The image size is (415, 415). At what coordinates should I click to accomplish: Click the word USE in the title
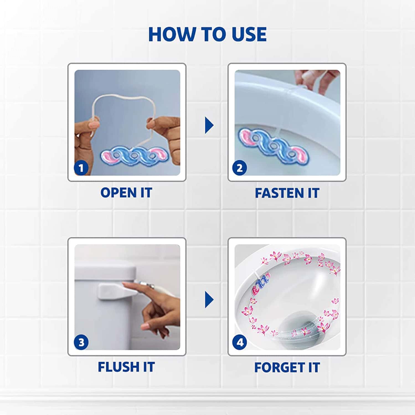tap(249, 34)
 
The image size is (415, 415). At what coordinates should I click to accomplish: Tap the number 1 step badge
tap(81, 168)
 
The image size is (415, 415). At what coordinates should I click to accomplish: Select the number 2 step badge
tap(239, 168)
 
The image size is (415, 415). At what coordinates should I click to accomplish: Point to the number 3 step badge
tap(81, 342)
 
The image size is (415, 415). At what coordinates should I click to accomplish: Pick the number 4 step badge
tap(239, 342)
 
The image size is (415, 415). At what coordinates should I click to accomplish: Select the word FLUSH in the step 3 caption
tap(118, 367)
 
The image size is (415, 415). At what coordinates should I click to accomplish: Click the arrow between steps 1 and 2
tap(209, 125)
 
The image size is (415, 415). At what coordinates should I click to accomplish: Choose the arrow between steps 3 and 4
tap(209, 300)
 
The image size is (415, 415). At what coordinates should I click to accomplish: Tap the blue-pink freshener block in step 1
tap(135, 156)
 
